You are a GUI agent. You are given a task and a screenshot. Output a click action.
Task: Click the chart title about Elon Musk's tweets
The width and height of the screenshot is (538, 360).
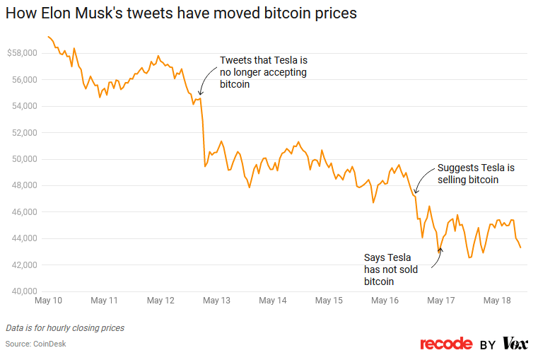(x=181, y=13)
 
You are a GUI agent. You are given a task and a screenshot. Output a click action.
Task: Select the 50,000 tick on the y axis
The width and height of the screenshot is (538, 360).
(x=22, y=159)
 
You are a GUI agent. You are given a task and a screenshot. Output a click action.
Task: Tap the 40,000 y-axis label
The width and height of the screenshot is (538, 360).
(x=22, y=291)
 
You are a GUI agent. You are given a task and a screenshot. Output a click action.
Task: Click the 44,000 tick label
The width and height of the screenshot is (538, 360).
(x=22, y=238)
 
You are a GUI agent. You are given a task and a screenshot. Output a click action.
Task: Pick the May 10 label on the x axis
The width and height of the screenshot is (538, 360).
(x=48, y=301)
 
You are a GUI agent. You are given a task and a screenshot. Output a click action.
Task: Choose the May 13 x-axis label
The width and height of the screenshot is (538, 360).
(x=216, y=301)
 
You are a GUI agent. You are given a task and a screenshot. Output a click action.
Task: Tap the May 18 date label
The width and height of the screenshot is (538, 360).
(x=497, y=301)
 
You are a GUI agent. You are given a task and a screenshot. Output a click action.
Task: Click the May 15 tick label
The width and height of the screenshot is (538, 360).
(x=329, y=301)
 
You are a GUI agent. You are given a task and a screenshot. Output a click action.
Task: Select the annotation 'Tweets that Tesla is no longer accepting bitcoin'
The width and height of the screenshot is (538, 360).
(x=263, y=72)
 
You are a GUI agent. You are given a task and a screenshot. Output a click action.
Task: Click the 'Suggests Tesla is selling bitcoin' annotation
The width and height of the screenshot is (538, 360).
(x=476, y=174)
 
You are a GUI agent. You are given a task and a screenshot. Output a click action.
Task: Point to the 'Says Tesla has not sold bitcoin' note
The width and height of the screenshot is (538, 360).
(x=391, y=269)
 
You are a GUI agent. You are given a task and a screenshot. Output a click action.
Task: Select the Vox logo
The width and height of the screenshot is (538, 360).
(x=515, y=344)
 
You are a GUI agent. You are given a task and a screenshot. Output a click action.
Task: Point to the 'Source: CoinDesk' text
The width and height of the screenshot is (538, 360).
(x=36, y=344)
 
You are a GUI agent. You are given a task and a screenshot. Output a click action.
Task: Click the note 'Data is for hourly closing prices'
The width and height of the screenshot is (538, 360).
(x=65, y=328)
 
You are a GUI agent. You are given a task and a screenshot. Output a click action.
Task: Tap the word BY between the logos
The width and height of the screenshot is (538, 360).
(x=487, y=344)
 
